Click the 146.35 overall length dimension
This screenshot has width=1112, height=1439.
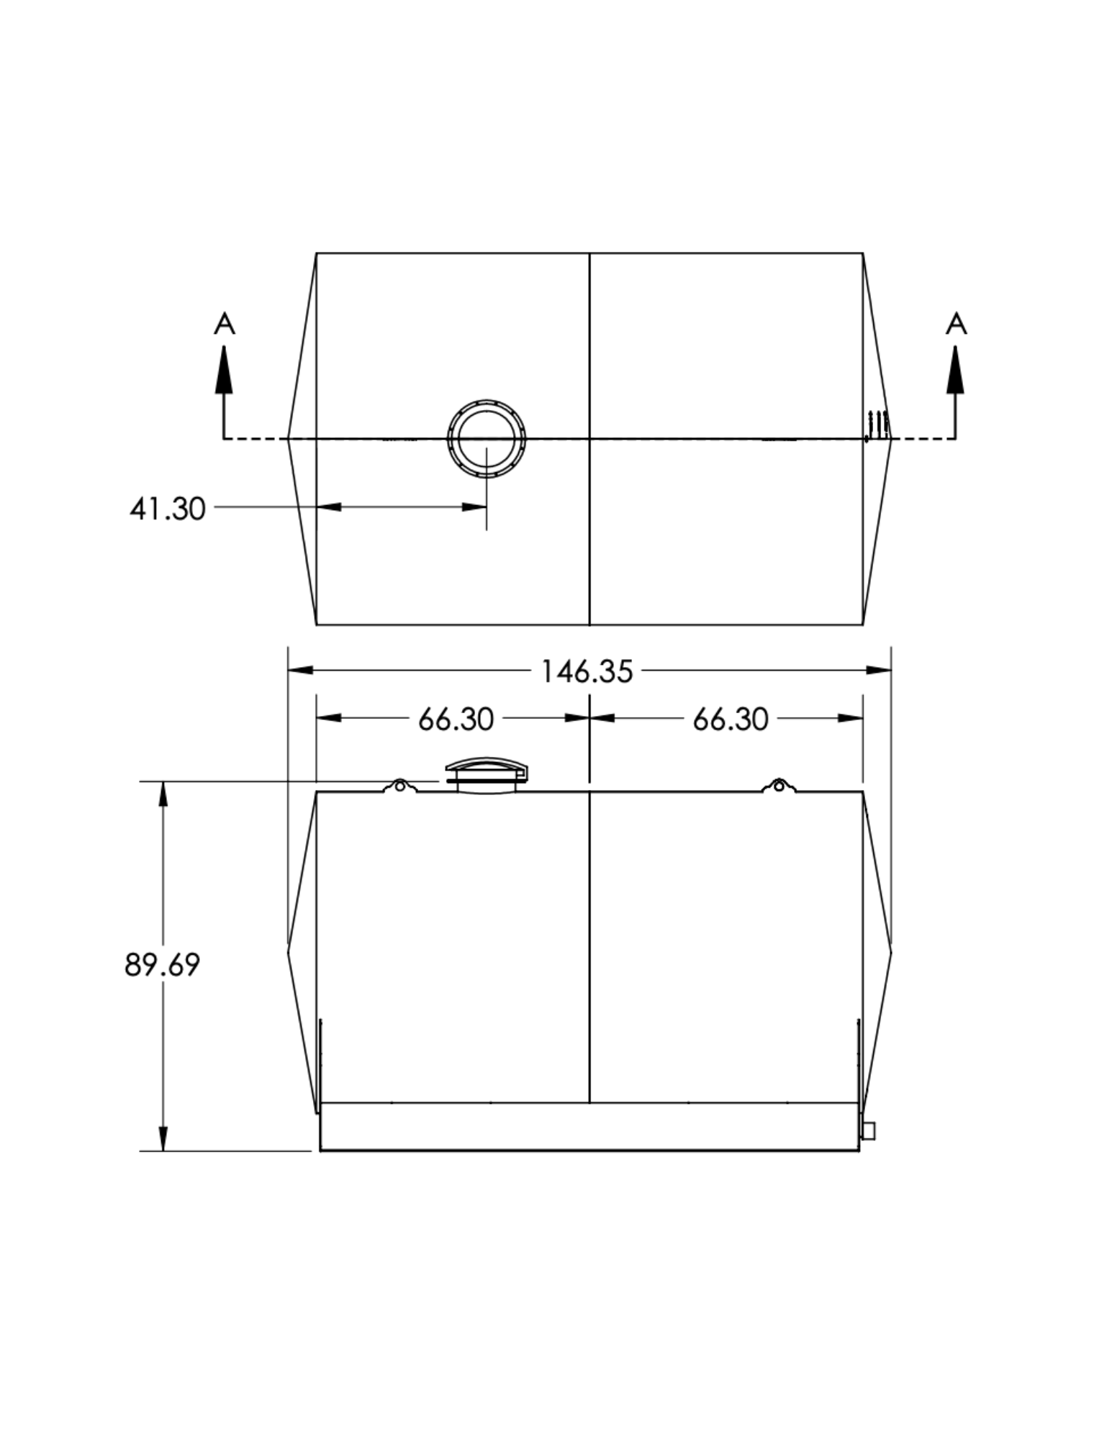click(x=587, y=672)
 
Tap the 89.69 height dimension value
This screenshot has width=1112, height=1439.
click(x=162, y=965)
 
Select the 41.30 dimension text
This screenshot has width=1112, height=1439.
click(x=168, y=509)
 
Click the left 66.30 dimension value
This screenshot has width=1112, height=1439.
click(x=456, y=719)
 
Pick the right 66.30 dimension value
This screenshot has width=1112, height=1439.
click(x=731, y=719)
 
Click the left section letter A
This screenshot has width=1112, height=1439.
click(x=225, y=324)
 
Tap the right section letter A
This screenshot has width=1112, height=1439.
click(x=957, y=324)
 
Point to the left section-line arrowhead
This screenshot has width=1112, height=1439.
click(x=225, y=370)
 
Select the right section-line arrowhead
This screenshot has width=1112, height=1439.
click(x=956, y=370)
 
